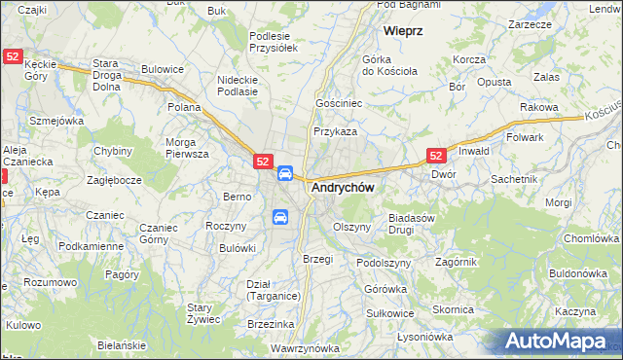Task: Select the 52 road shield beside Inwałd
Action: click(x=436, y=156)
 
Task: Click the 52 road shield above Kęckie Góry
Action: click(x=12, y=58)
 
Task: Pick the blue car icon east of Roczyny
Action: click(x=280, y=217)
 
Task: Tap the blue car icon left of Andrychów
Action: click(x=285, y=174)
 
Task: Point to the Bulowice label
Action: click(x=163, y=69)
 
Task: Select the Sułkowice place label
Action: click(x=390, y=313)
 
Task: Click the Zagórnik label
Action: click(x=456, y=262)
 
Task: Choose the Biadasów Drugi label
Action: click(x=411, y=224)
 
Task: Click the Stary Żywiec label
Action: click(x=205, y=312)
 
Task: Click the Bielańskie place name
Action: click(x=122, y=345)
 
